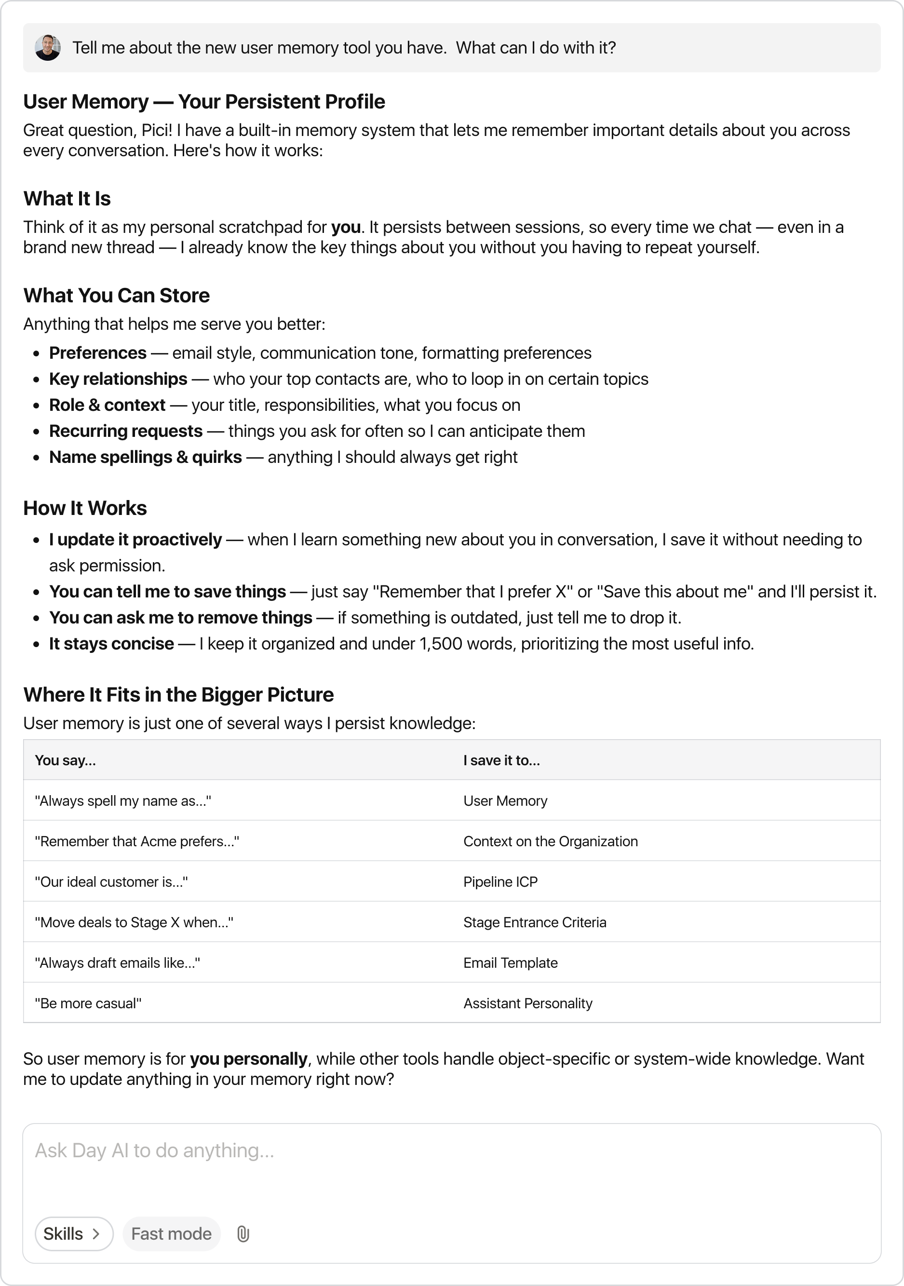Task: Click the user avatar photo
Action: click(48, 48)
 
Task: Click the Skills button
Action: click(74, 1233)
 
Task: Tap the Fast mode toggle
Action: click(171, 1233)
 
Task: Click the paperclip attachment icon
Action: click(243, 1233)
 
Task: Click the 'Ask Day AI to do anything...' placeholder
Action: click(155, 1151)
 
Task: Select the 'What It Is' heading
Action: click(67, 199)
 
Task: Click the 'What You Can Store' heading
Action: click(117, 296)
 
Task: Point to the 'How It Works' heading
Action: click(85, 509)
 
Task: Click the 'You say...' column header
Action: click(66, 760)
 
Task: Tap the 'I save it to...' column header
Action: click(501, 760)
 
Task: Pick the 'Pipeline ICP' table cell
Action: click(500, 881)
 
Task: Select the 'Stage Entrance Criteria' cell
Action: click(534, 922)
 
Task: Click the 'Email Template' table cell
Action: click(510, 963)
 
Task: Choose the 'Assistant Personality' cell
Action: click(527, 1003)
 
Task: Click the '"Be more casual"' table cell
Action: click(88, 1003)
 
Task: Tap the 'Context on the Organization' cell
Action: click(550, 841)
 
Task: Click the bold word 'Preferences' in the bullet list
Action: click(98, 353)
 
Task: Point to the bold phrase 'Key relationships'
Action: click(118, 379)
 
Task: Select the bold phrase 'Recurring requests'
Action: click(126, 431)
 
